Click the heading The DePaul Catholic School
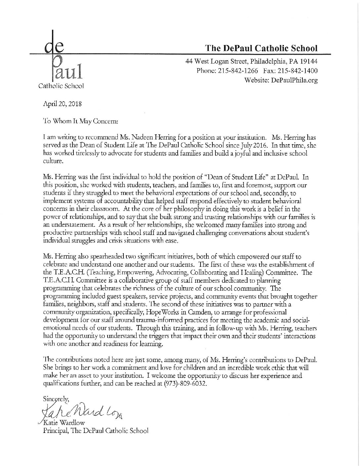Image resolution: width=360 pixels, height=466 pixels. (x=261, y=48)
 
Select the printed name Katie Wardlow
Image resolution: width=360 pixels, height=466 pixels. (x=69, y=423)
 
